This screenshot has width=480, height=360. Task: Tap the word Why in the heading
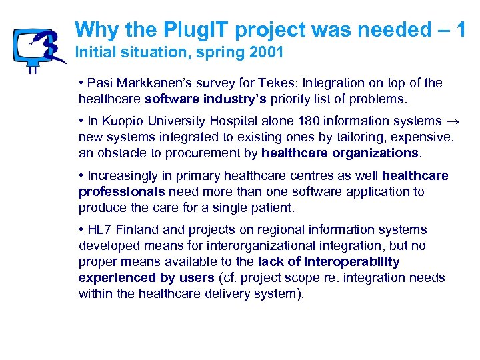(x=96, y=29)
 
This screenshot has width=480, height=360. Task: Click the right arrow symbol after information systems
(x=453, y=121)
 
